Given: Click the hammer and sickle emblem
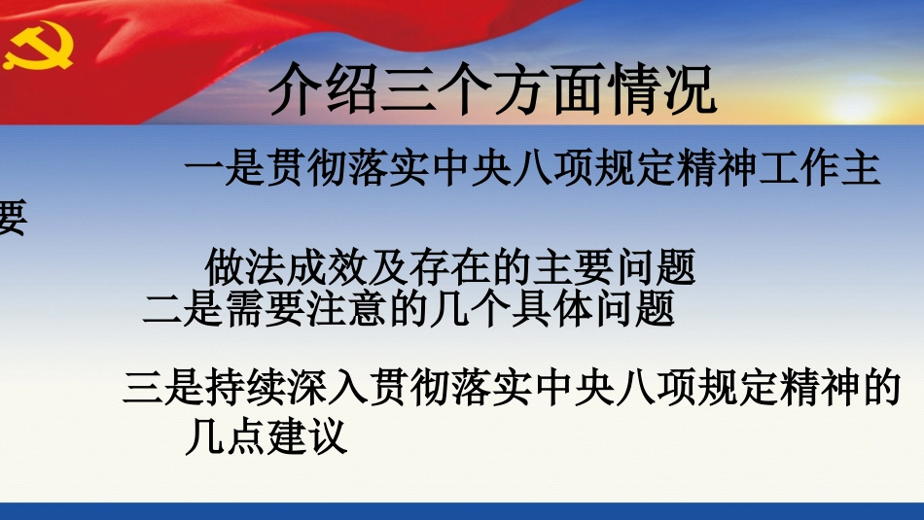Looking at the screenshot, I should point(37,46).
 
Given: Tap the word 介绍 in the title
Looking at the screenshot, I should point(303,93).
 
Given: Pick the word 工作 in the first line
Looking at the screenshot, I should point(794,171).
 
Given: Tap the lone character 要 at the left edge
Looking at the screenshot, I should point(12,218).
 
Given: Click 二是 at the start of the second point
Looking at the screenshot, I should point(172,311).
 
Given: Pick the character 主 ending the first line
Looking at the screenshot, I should point(859,171).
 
